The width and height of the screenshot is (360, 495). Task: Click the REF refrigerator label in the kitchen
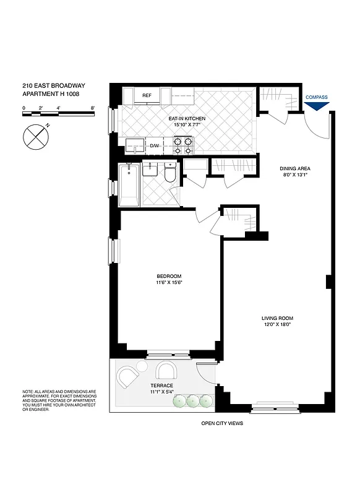coord(147,95)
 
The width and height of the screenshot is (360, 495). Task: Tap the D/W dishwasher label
coord(155,147)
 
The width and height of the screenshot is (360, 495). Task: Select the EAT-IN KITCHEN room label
coord(187,118)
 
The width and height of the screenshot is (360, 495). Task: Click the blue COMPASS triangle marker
coord(316,106)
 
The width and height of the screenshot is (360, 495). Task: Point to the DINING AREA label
coord(294,168)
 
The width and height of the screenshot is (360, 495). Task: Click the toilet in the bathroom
coord(170,170)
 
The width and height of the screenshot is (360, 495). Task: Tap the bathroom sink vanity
coord(151,169)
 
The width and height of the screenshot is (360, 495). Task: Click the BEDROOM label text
coord(168,276)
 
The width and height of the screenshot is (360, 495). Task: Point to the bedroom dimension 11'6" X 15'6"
coord(168,283)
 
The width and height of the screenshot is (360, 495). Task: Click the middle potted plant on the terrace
coord(192,401)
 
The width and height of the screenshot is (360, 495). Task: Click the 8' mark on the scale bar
coord(92,108)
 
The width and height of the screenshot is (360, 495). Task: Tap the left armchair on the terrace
coord(129,376)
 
